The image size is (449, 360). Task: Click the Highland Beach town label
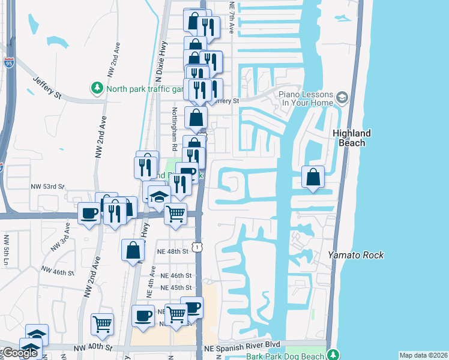(352, 138)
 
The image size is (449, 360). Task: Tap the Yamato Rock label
(356, 255)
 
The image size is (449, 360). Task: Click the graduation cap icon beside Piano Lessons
(342, 97)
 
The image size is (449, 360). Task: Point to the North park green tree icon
(97, 88)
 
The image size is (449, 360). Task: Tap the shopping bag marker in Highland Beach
(313, 177)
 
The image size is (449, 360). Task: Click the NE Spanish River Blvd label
(242, 347)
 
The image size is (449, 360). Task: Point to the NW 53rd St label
(47, 187)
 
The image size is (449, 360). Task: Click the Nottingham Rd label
(174, 130)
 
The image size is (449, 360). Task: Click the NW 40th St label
(93, 347)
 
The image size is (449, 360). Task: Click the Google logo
(20, 353)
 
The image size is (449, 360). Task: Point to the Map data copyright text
(423, 355)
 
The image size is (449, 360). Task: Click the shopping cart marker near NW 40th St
(103, 324)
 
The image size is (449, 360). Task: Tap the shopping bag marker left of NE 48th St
(133, 251)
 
